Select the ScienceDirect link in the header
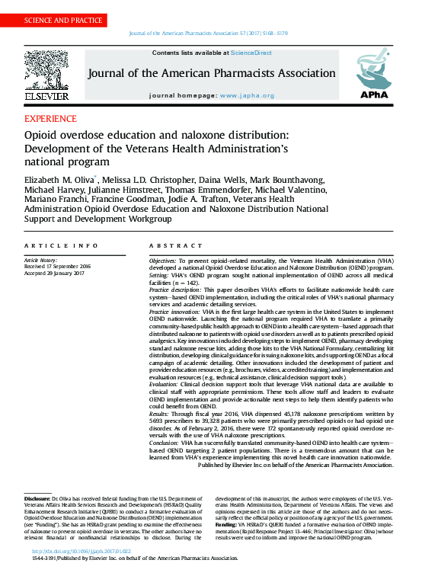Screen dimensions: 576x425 (251, 53)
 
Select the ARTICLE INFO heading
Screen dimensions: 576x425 (61, 245)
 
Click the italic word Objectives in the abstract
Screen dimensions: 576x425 (165, 261)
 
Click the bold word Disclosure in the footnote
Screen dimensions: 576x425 (38, 498)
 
